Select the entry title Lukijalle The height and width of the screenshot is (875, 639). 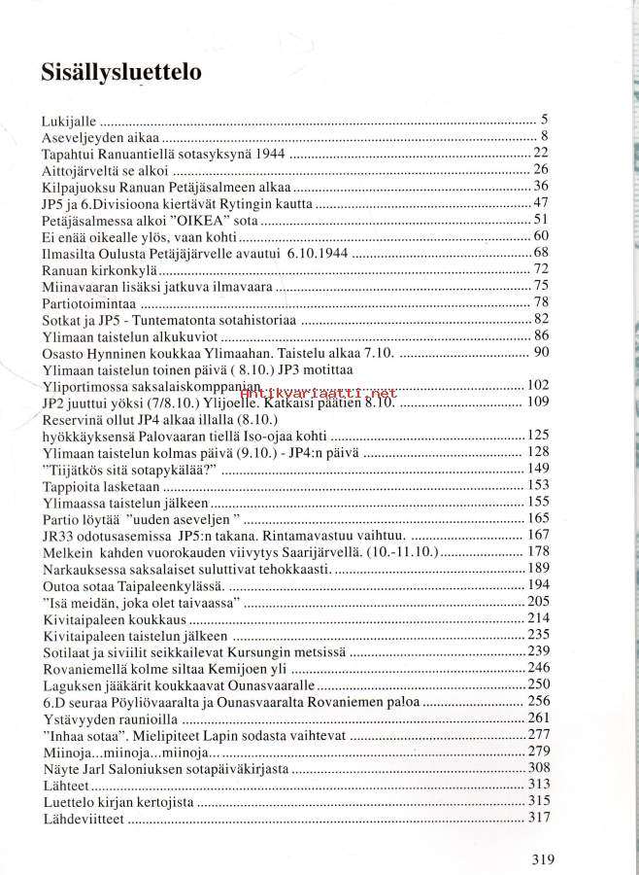[69, 122]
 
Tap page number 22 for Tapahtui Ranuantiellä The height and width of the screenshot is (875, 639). [541, 153]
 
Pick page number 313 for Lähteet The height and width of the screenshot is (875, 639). [538, 785]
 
